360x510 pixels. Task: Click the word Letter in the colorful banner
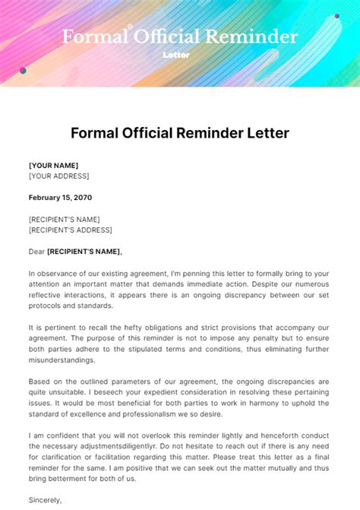(176, 55)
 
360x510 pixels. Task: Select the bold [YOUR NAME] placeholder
(53, 165)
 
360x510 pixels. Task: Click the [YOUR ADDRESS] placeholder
(58, 176)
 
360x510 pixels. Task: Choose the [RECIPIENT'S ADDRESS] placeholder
(70, 230)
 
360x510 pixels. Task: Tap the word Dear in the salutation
(36, 252)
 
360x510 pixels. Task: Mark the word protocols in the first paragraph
(47, 306)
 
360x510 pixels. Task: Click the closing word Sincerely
(45, 500)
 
